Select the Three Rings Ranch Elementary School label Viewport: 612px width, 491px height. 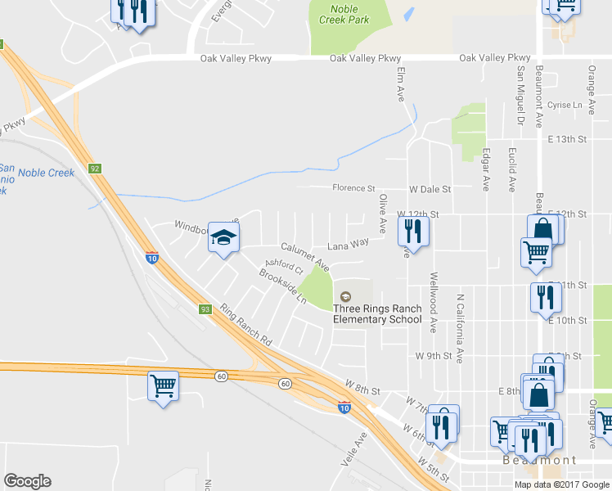coord(377,313)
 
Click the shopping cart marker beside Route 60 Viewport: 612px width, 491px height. coord(163,385)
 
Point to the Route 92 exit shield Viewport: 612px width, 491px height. coord(96,169)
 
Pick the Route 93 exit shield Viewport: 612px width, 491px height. coord(205,309)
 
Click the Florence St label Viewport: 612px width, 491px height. coord(353,188)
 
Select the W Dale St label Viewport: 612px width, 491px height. coord(430,189)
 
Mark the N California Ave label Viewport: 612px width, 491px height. coord(461,328)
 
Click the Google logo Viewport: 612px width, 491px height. coord(27,481)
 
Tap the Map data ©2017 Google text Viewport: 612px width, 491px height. coord(562,484)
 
